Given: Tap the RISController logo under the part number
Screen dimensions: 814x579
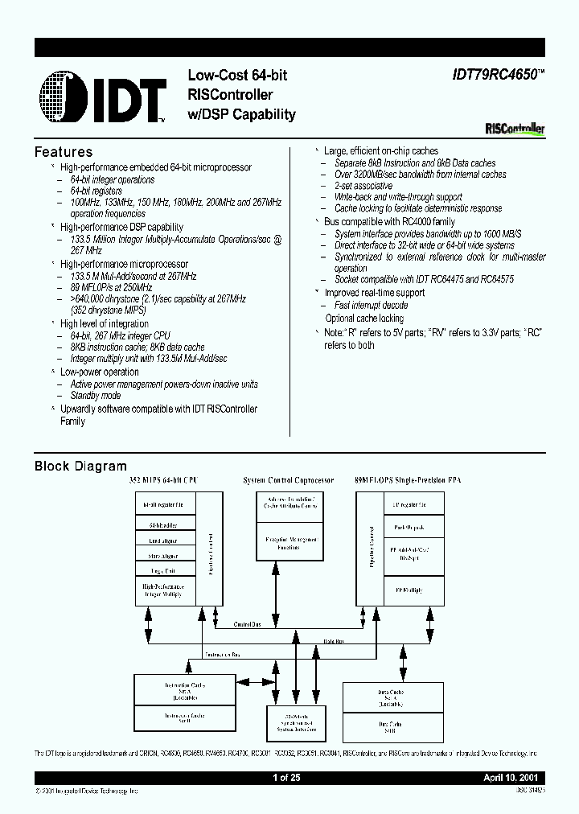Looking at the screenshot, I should click(515, 128).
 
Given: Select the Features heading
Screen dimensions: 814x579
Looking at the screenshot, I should click(64, 152).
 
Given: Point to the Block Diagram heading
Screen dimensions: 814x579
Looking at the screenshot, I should click(80, 466).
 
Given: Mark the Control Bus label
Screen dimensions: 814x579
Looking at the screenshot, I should click(247, 623).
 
